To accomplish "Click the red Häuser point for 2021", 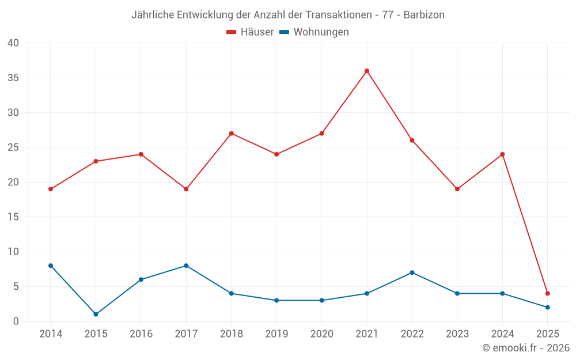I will coord(367,71).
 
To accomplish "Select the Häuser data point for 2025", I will coord(547,293).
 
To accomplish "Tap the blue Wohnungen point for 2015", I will coord(96,314).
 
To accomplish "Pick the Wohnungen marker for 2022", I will coord(412,272).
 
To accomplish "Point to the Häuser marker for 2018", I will coord(231,134).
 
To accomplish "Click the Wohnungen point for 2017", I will coord(186,266).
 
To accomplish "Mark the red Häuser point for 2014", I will coord(51,189).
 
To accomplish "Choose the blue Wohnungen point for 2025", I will coord(547,307).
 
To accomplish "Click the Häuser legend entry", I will coord(250,32).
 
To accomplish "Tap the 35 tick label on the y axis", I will coord(13,78).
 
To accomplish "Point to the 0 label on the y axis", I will coord(16,321).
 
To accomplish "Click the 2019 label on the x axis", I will coord(276,334).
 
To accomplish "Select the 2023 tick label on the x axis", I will coord(457,334).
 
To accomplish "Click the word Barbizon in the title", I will coord(424,15).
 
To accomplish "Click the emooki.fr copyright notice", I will coord(526,348).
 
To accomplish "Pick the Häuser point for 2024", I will coord(502,154).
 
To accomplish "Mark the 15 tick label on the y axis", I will coord(13,217).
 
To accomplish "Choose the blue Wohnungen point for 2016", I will coord(141,279).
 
